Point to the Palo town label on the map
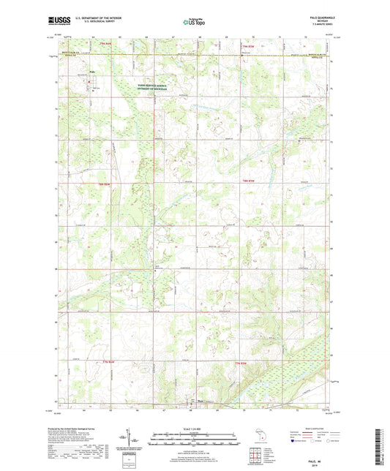[x=92, y=72]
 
